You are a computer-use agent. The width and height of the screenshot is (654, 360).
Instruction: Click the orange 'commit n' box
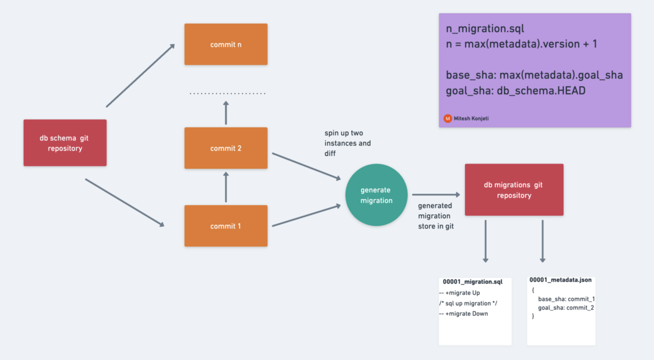225,44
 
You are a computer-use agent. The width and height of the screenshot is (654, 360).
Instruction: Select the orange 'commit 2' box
225,149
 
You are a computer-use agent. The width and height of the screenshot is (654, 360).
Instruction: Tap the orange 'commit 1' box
225,226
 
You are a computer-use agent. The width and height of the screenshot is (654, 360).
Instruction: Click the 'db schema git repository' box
65,143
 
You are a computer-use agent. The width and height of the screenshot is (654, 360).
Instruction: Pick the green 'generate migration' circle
376,195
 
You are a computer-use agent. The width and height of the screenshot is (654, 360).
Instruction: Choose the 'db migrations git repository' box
513,190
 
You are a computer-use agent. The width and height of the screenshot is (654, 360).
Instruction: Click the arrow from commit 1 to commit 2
225,187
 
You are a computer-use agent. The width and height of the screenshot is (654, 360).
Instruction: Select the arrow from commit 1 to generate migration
306,215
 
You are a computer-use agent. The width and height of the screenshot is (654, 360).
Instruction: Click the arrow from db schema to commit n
141,75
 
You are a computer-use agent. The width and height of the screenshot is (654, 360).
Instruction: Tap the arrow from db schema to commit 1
125,203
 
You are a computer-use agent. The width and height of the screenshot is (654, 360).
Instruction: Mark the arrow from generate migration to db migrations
436,195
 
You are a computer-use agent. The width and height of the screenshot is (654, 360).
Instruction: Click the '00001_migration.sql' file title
473,281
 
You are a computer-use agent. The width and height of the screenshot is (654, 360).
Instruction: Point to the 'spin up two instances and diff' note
347,143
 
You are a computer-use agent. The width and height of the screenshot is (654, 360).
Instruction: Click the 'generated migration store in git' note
436,216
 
